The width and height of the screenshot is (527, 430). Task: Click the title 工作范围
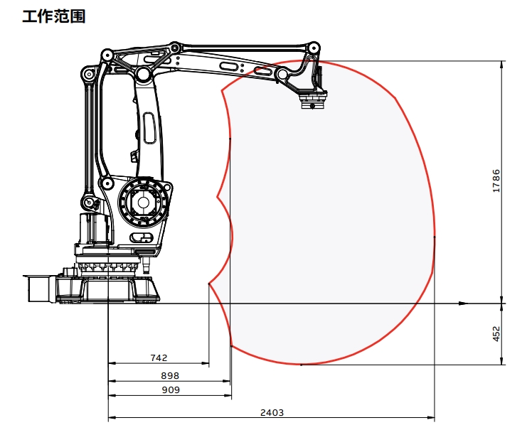click(54, 16)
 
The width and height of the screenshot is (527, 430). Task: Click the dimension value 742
click(159, 358)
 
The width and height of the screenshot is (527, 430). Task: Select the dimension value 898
click(170, 375)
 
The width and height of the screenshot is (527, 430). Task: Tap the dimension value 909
click(171, 390)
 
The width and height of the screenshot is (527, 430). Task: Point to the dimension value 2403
click(272, 412)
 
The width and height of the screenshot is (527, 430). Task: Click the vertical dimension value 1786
click(496, 181)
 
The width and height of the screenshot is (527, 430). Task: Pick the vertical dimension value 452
click(496, 334)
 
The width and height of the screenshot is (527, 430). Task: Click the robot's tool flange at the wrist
click(312, 102)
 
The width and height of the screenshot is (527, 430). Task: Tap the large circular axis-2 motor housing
click(143, 203)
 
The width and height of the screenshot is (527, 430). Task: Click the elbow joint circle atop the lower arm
click(143, 74)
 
